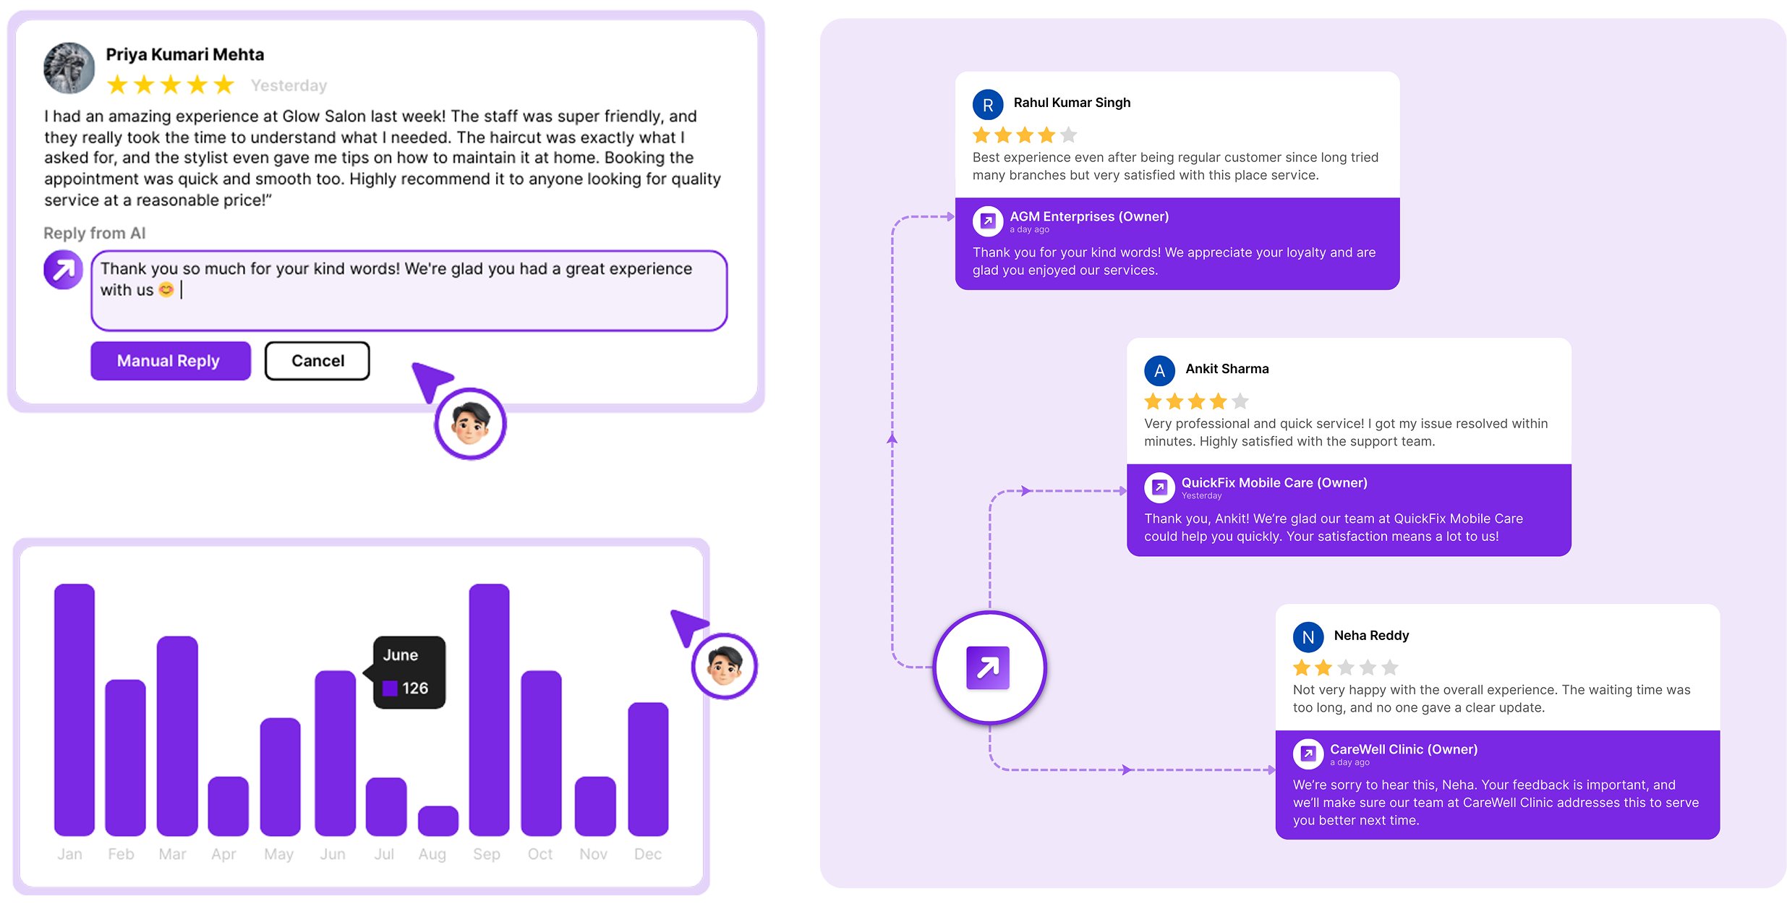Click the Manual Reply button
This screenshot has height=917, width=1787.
point(171,361)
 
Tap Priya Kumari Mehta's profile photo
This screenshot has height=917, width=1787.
point(69,68)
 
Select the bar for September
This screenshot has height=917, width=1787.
point(489,709)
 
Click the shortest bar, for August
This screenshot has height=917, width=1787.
point(438,821)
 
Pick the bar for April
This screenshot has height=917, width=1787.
point(228,806)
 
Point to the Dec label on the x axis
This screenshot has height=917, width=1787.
point(648,854)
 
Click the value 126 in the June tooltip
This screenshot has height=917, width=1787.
point(415,688)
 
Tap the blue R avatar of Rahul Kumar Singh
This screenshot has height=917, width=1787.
point(988,105)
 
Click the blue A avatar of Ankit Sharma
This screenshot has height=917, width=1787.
point(1159,371)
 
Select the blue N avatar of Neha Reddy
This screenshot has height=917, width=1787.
point(1308,637)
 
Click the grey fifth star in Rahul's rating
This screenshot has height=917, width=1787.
point(1068,135)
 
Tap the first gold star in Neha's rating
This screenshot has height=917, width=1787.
point(1302,668)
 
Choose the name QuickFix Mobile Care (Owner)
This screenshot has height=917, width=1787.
point(1274,482)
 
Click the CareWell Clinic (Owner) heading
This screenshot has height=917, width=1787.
point(1404,749)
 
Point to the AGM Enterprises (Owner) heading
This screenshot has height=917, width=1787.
point(1089,216)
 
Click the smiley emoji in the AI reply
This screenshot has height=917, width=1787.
point(166,290)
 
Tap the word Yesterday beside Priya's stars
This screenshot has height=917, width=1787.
point(289,85)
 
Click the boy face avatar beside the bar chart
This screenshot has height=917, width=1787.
point(725,666)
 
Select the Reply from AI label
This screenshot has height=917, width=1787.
point(95,233)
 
